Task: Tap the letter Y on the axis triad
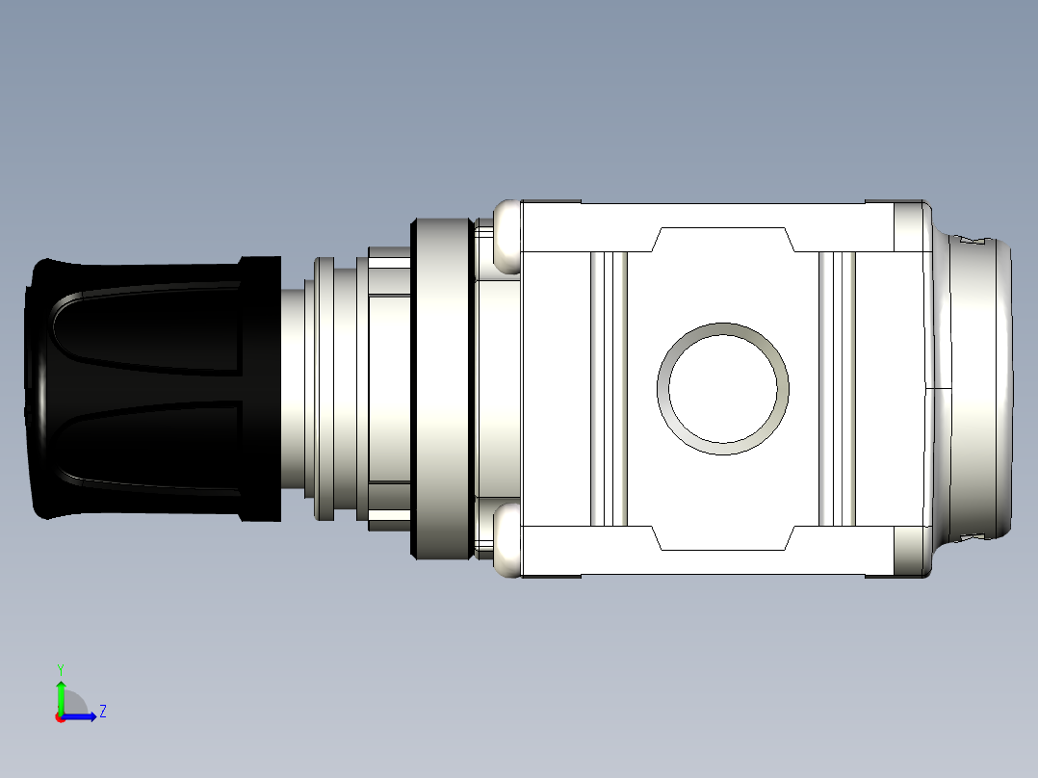60,667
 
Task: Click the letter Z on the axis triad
102,712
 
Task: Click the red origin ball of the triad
60,717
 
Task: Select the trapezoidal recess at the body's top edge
722,240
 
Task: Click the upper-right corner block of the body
910,227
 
